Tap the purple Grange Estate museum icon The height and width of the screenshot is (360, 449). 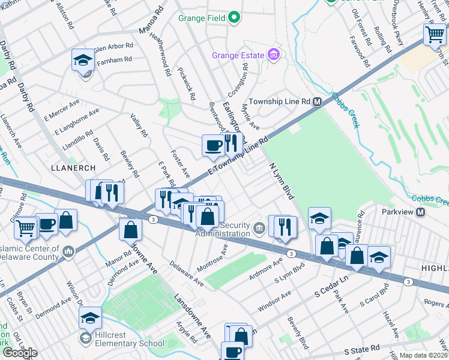click(274, 56)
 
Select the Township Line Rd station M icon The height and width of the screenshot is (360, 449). click(318, 102)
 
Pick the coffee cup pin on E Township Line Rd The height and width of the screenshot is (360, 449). click(213, 145)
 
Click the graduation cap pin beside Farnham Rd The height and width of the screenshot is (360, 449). click(83, 59)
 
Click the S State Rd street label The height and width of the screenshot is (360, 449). click(362, 348)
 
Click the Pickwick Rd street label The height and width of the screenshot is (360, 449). click(187, 83)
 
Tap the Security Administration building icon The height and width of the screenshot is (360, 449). click(259, 227)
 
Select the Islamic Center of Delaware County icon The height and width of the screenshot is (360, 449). click(68, 250)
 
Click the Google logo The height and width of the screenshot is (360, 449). click(19, 353)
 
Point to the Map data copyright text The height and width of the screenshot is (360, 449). click(423, 355)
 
